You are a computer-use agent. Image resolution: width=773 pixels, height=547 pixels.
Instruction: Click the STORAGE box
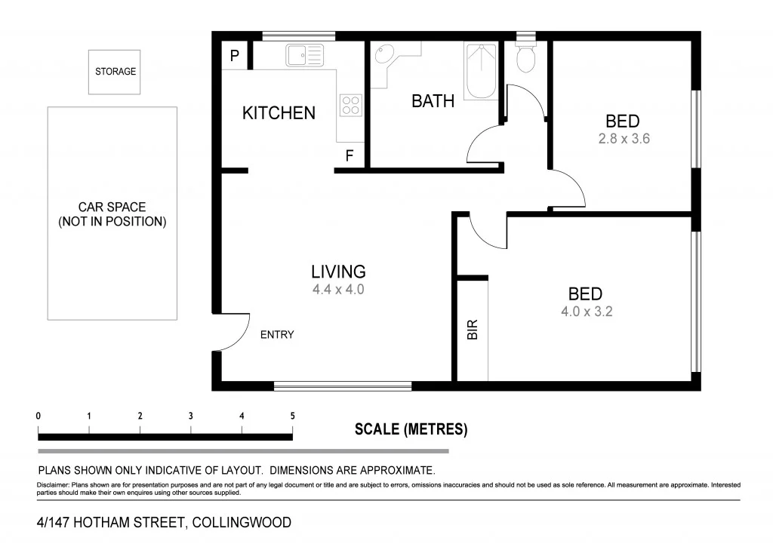click(x=114, y=72)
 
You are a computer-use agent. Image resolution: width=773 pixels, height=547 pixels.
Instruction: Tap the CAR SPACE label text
click(x=112, y=214)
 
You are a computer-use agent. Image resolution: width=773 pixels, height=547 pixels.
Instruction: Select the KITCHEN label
click(x=279, y=113)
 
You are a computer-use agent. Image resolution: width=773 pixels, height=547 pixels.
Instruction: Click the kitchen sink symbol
click(x=303, y=54)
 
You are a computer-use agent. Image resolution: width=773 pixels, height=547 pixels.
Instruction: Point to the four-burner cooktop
click(x=350, y=104)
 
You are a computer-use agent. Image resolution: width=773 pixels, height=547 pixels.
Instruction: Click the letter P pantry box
click(x=234, y=55)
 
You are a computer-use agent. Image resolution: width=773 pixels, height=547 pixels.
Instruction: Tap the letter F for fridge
click(x=350, y=156)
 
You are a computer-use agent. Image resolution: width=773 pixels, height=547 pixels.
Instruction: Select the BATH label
click(x=433, y=101)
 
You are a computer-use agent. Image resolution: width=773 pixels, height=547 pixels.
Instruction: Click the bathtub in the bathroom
click(x=480, y=71)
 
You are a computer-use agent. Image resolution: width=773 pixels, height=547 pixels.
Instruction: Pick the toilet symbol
click(x=525, y=57)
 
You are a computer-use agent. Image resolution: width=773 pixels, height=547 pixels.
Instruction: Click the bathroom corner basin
click(x=384, y=54)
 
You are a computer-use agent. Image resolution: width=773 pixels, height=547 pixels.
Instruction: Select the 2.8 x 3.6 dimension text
click(x=623, y=139)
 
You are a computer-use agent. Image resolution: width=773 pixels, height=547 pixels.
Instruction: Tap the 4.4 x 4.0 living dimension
click(x=338, y=289)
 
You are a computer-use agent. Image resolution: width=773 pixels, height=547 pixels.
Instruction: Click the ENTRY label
click(x=277, y=335)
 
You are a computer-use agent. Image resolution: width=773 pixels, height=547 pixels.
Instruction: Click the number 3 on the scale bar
click(x=191, y=416)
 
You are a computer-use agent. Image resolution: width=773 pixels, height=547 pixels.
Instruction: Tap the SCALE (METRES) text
click(x=411, y=430)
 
